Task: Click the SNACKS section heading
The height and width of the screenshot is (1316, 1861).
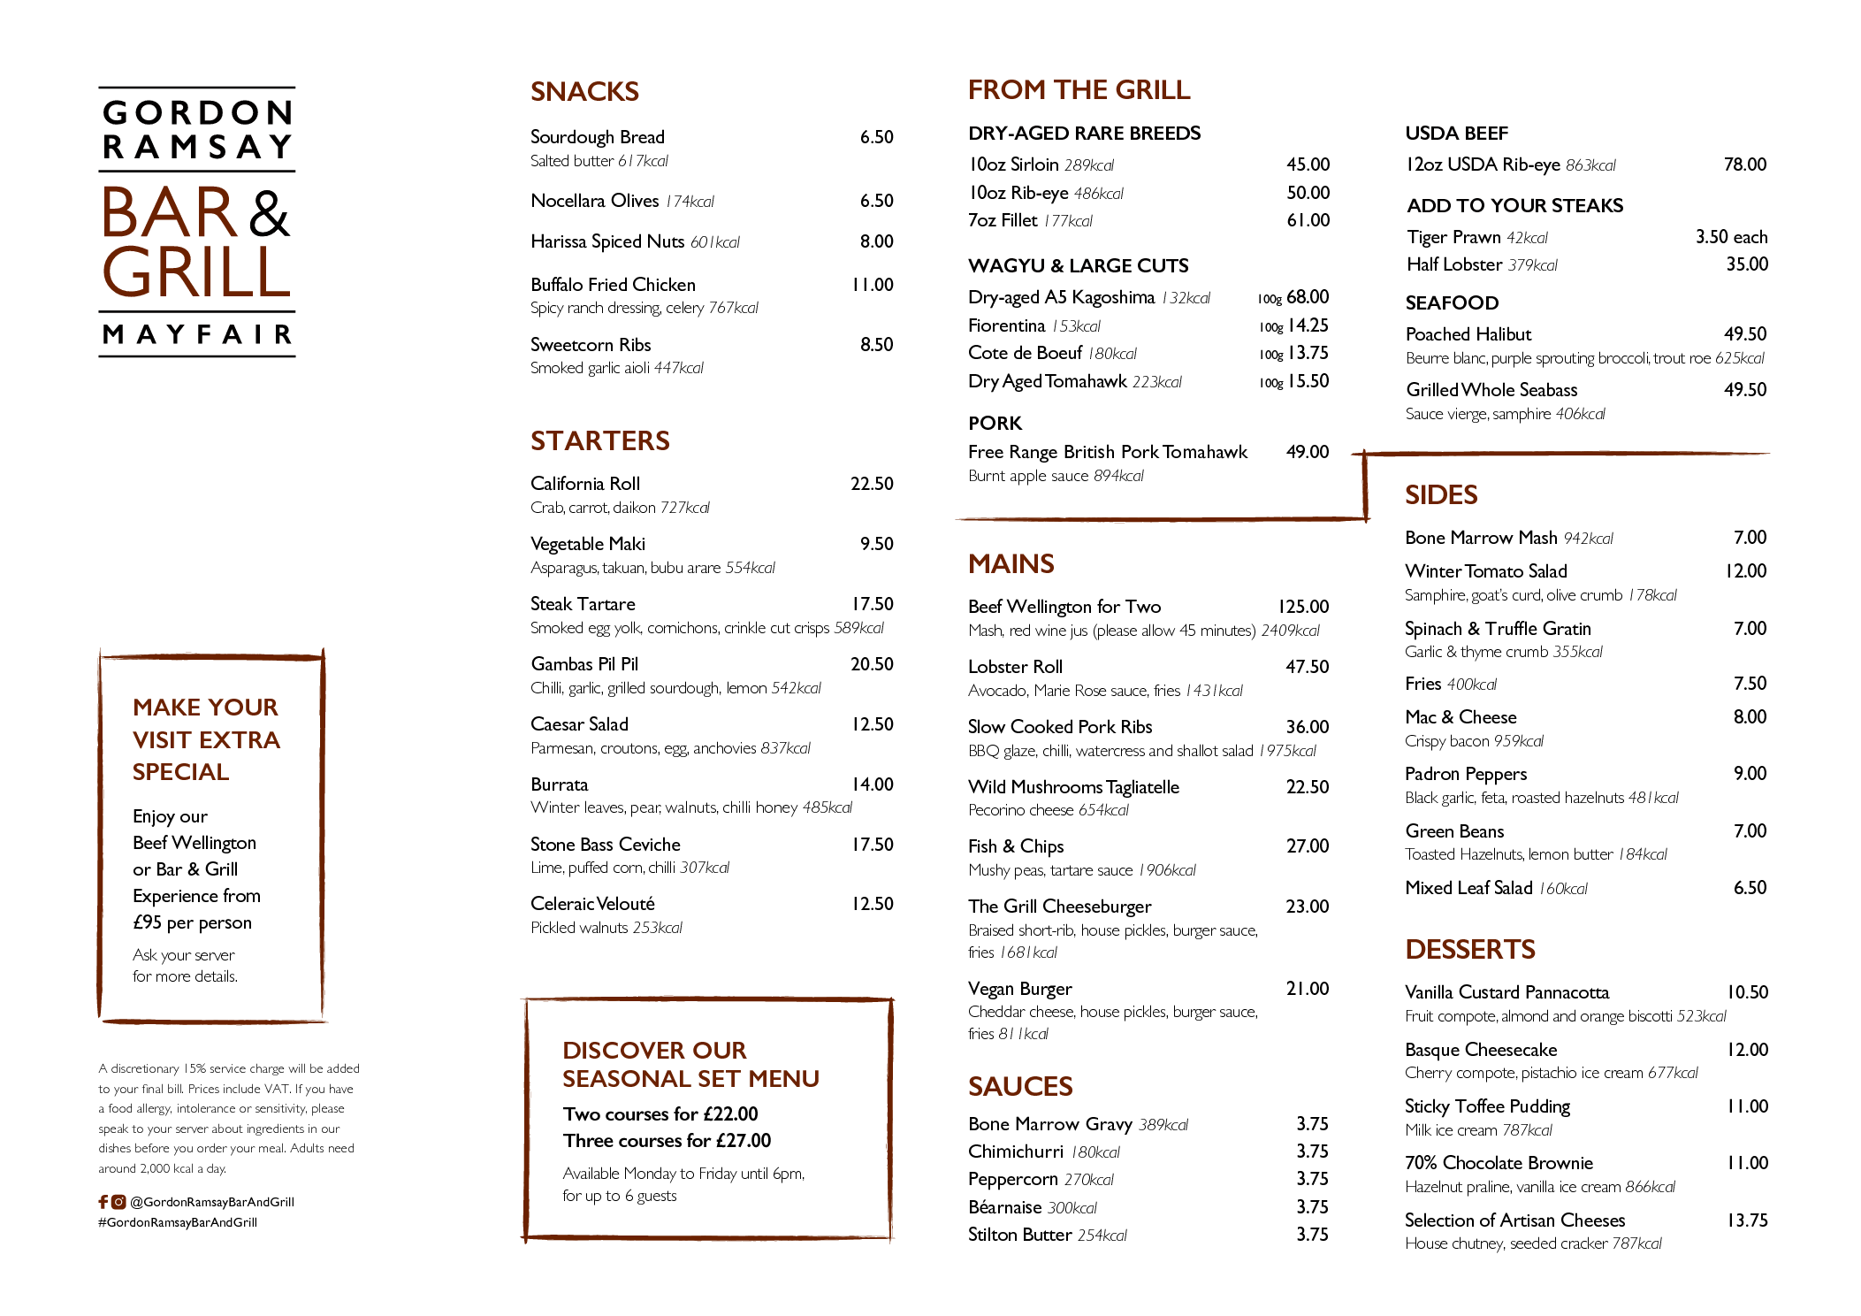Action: click(584, 92)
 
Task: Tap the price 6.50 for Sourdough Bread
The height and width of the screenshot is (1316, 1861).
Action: click(876, 137)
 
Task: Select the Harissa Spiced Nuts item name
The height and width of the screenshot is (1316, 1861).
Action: click(607, 242)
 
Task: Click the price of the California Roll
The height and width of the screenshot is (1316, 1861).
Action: click(872, 484)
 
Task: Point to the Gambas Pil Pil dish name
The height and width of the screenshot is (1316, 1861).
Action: click(584, 664)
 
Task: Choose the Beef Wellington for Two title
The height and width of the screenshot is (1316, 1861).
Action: click(1064, 607)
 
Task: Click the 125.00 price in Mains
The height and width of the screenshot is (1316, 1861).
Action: click(1303, 607)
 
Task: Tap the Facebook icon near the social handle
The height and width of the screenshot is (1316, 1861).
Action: click(103, 1202)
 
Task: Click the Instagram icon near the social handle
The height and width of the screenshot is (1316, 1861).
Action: click(118, 1202)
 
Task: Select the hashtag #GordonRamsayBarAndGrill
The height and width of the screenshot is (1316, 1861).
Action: click(178, 1222)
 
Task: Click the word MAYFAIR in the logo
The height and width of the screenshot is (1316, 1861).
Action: click(197, 334)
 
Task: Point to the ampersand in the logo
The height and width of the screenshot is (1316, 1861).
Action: click(270, 213)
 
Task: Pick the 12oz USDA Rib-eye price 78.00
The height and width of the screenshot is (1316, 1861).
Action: click(1745, 164)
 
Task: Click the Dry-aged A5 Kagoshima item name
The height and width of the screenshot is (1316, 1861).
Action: click(1061, 298)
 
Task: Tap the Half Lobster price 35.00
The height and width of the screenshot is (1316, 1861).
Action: click(1747, 264)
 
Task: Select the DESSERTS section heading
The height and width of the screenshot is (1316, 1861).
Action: click(1470, 950)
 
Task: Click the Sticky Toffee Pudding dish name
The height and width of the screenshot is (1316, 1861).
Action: click(1487, 1107)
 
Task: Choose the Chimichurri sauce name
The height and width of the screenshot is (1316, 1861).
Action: click(1016, 1151)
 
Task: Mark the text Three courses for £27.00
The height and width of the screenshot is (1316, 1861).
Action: click(667, 1141)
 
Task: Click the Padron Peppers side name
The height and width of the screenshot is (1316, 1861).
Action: click(1466, 775)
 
